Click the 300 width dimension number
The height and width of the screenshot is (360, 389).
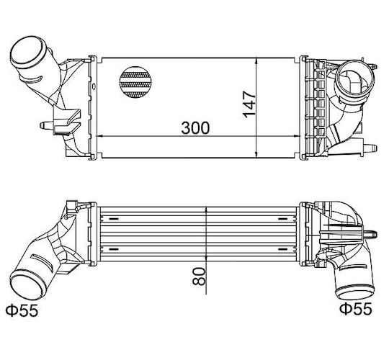(x=195, y=127)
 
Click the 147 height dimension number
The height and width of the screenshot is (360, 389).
(x=249, y=104)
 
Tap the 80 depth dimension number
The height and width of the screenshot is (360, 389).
(x=200, y=276)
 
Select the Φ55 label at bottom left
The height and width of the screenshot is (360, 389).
(x=22, y=310)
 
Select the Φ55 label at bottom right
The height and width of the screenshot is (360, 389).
(x=356, y=308)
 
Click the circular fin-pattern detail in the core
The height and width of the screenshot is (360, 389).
(x=135, y=82)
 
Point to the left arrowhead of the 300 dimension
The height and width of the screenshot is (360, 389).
(x=99, y=136)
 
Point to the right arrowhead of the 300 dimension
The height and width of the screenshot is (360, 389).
(x=297, y=136)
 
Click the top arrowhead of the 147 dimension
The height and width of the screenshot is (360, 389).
(x=256, y=61)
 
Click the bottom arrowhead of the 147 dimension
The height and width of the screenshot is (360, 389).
(x=256, y=154)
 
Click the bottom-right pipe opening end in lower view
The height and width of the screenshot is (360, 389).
(x=354, y=293)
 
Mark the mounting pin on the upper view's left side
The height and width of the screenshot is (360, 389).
(x=47, y=125)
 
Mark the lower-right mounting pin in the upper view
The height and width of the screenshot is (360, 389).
(x=370, y=148)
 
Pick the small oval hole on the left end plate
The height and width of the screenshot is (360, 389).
(x=94, y=86)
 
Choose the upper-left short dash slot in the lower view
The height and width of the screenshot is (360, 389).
(x=114, y=219)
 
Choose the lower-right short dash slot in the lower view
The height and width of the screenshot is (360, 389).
(x=283, y=248)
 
